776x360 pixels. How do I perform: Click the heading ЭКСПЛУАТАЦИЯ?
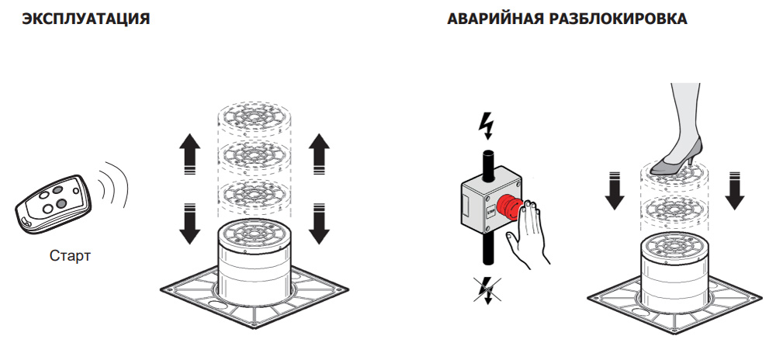click(86, 19)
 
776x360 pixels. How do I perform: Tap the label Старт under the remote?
click(69, 254)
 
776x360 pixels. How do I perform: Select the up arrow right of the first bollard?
click(319, 152)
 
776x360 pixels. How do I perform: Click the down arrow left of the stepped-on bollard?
click(615, 190)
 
